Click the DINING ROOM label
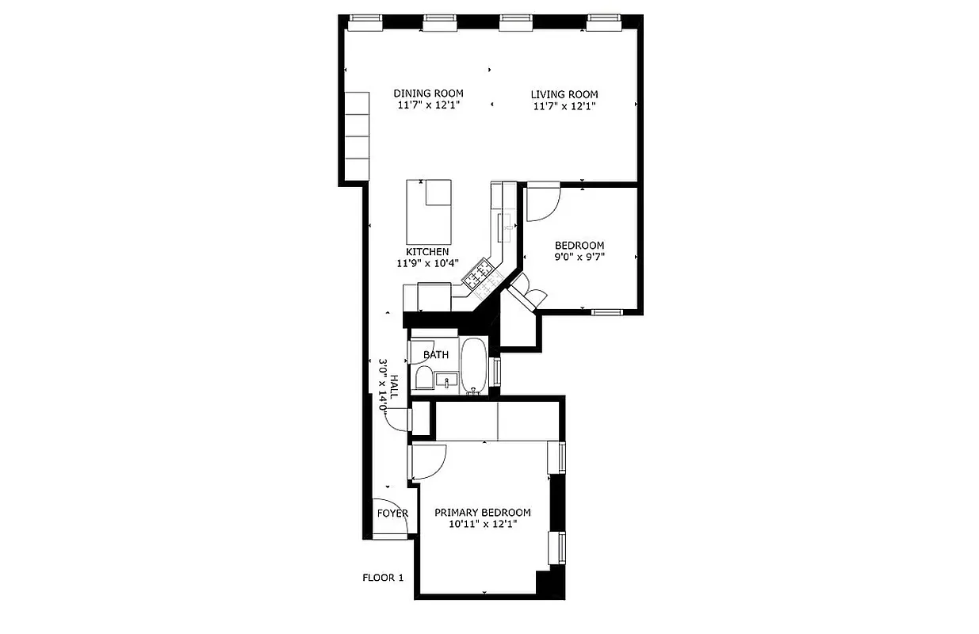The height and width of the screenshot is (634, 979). (x=428, y=94)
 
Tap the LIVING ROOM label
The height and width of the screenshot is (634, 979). (x=564, y=95)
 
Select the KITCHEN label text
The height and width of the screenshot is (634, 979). (x=427, y=252)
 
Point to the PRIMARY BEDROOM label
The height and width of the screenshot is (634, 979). (x=482, y=513)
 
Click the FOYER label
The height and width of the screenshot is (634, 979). (x=392, y=514)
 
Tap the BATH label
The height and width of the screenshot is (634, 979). (x=435, y=355)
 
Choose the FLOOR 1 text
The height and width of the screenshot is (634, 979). (x=383, y=578)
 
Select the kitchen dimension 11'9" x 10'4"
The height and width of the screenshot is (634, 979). (x=427, y=263)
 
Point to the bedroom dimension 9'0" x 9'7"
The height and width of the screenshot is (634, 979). (x=579, y=257)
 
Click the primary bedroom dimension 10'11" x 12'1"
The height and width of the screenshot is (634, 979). (x=482, y=524)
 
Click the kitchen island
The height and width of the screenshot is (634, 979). (x=429, y=212)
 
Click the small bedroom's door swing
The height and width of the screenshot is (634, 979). (x=544, y=203)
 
